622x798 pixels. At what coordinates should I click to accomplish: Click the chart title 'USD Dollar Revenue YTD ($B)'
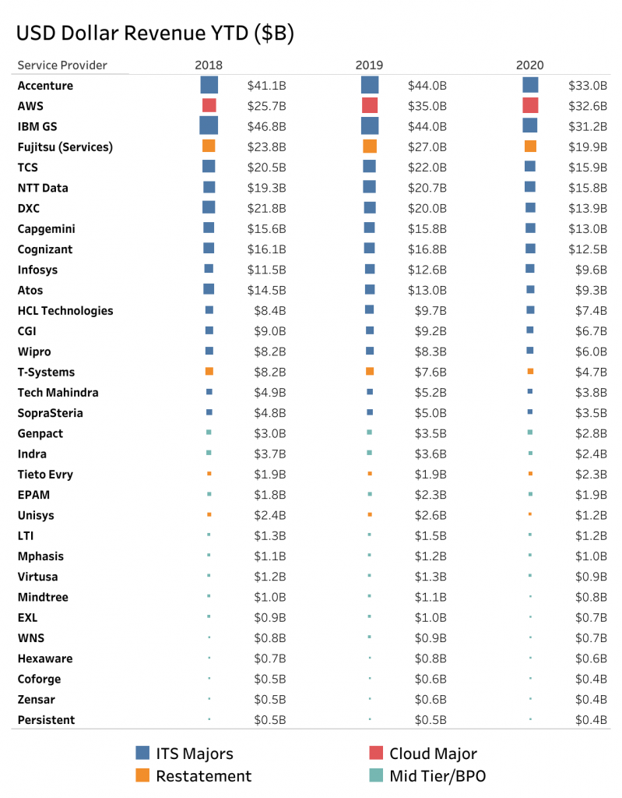[154, 34]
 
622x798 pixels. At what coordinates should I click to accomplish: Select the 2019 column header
[369, 65]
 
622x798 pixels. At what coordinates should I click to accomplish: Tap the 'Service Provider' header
[62, 65]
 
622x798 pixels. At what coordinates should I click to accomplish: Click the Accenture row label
[45, 86]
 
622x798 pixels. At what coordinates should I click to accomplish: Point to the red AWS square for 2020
[530, 105]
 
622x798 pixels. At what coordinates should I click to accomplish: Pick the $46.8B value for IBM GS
[266, 126]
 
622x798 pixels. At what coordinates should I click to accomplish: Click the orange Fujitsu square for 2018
[209, 146]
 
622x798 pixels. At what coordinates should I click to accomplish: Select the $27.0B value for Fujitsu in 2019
[427, 147]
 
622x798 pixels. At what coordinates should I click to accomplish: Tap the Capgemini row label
[46, 229]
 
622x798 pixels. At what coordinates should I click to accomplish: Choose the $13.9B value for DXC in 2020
[590, 208]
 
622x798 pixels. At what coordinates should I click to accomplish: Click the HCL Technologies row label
[65, 311]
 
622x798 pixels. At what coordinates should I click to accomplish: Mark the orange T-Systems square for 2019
[370, 372]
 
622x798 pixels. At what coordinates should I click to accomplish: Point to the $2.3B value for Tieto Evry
[590, 475]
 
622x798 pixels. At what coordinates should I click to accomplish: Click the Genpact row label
[40, 433]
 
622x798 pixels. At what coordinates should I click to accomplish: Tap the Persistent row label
[46, 720]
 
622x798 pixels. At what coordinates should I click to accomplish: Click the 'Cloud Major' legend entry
[433, 754]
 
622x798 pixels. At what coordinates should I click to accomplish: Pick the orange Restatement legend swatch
[142, 775]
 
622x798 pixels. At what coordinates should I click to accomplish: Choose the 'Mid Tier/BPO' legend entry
[438, 775]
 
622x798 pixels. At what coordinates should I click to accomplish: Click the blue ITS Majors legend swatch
[142, 753]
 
